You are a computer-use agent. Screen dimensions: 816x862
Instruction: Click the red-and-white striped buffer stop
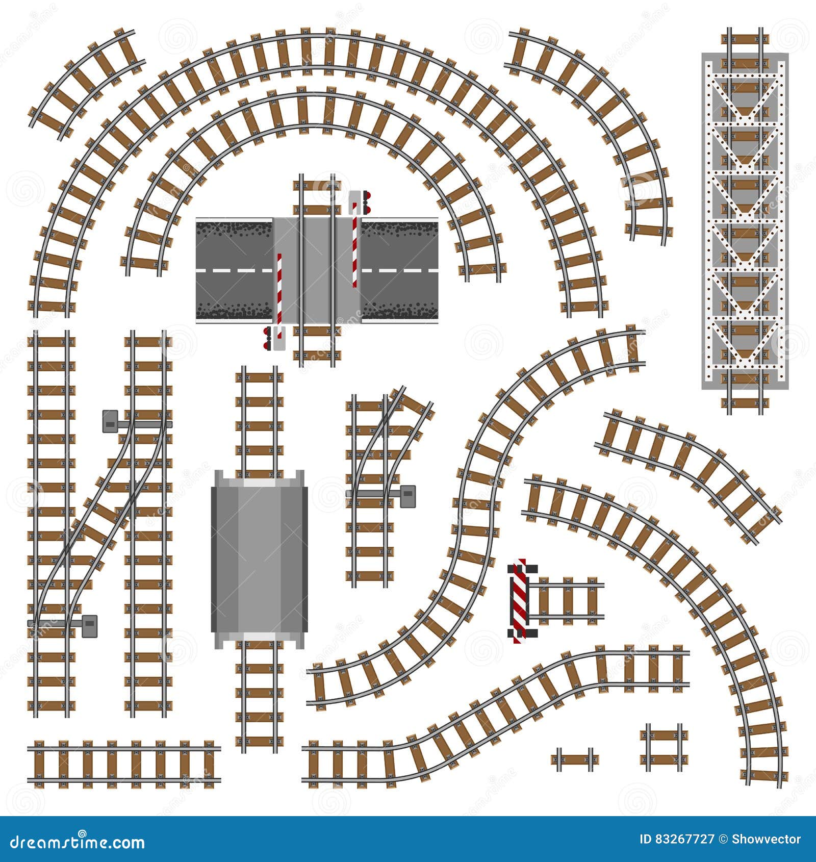(x=520, y=600)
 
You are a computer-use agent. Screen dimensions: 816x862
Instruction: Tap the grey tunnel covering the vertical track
(x=259, y=559)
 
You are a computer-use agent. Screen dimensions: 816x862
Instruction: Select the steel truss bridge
(x=745, y=220)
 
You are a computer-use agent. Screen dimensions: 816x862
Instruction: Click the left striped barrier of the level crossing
(x=279, y=288)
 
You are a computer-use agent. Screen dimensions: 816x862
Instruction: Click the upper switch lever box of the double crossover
(x=111, y=422)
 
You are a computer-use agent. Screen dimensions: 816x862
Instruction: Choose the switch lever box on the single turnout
(x=408, y=496)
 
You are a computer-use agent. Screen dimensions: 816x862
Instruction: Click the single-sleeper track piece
(x=575, y=759)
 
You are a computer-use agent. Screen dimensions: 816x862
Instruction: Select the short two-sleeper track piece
(x=664, y=747)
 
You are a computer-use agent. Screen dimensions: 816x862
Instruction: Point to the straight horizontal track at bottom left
(x=124, y=764)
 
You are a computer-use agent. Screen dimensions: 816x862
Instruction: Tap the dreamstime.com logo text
(x=78, y=842)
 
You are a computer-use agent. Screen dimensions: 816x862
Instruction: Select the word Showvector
(x=767, y=839)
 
